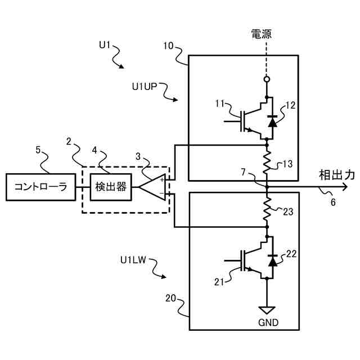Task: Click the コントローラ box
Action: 40,187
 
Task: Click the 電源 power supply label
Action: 261,34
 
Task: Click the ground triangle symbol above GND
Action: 267,309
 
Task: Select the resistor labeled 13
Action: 267,162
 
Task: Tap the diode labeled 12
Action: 273,121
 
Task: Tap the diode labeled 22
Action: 273,260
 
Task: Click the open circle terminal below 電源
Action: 267,79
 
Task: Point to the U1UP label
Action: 145,87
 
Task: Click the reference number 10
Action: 168,46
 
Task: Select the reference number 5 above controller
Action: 38,150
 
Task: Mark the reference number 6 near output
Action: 333,202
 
